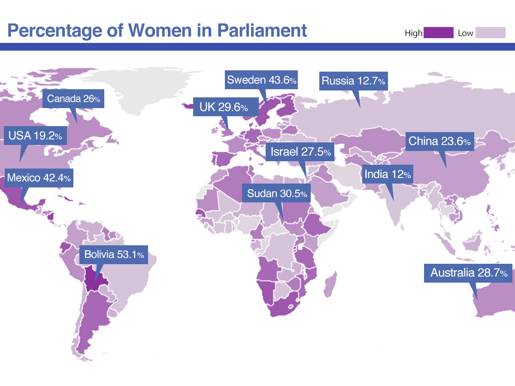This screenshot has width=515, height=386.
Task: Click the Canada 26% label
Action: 73,99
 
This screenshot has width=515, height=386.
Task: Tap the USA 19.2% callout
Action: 35,136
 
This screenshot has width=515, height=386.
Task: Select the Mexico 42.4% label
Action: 39,178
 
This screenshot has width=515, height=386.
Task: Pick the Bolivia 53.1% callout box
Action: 114,255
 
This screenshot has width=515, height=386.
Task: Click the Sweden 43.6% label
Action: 262,80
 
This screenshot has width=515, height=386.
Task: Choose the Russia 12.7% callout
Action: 354,81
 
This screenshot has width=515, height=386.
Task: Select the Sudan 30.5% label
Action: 277,194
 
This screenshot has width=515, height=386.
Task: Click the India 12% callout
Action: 388,174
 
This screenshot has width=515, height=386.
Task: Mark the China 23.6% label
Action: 440,141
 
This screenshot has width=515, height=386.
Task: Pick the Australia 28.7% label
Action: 468,273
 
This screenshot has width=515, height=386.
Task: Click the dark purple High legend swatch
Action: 438,33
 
